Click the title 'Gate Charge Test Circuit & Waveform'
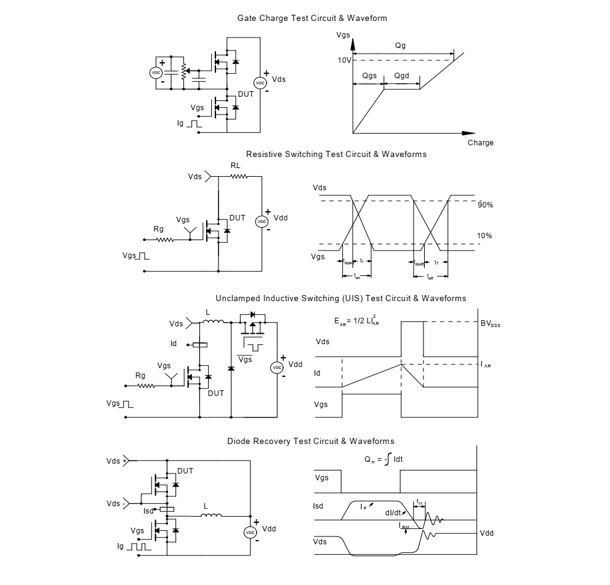coord(312,18)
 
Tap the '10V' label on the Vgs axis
coord(344,60)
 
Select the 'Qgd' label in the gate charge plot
coord(401,76)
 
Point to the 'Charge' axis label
coord(480,143)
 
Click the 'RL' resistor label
coord(236,166)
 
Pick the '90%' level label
coord(485,204)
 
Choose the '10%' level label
coord(485,236)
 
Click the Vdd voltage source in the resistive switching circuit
coord(262,222)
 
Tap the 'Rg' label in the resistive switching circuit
coord(158,230)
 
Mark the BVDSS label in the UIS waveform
coord(490,322)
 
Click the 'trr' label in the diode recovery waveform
coord(419,502)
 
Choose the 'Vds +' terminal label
coord(116,461)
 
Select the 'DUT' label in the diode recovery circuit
coord(185,471)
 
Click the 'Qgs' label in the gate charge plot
coord(369,76)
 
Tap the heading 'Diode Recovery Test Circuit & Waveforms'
coord(310,442)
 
